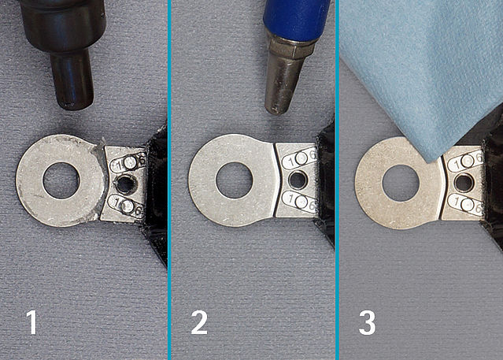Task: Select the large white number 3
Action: [x=368, y=322]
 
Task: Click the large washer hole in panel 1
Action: [x=61, y=180]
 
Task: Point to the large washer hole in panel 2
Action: [x=235, y=180]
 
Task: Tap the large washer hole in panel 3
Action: [x=401, y=183]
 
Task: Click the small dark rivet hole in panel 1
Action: [x=126, y=184]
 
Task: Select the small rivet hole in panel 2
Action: [x=298, y=180]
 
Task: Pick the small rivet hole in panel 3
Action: [x=463, y=182]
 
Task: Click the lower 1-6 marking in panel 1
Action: [x=126, y=206]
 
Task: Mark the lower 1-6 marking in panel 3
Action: [x=466, y=204]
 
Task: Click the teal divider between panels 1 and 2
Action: [x=169, y=180]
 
